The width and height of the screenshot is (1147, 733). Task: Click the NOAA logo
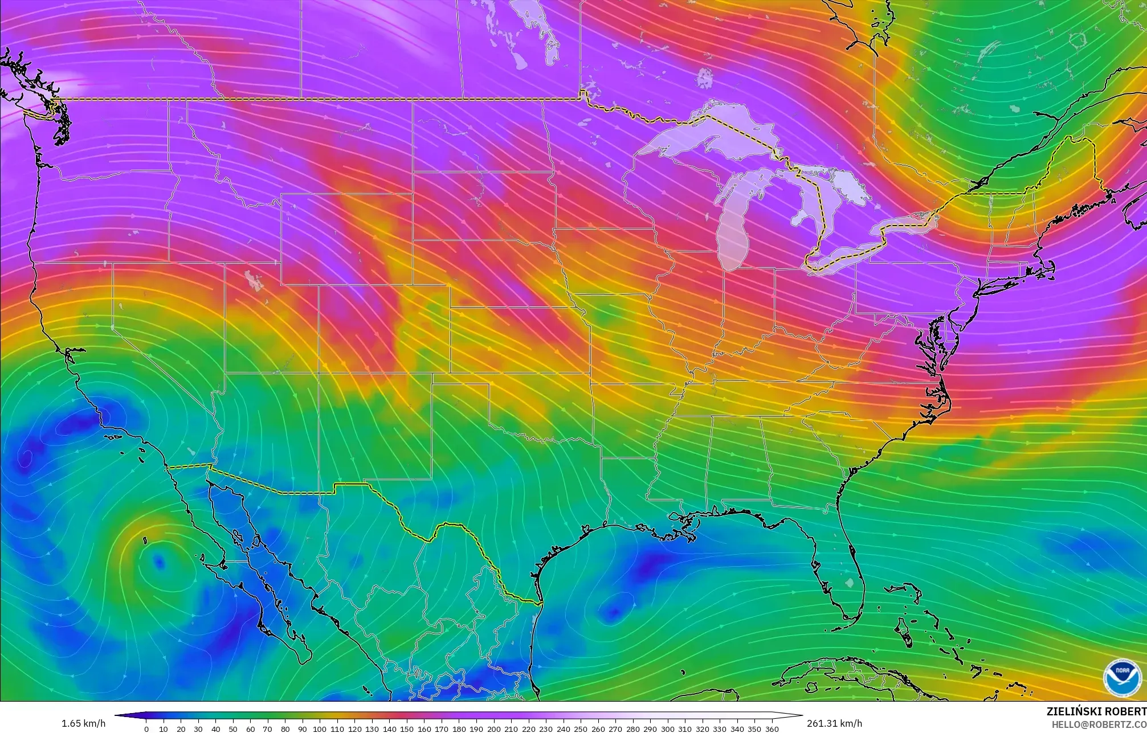coord(1122,678)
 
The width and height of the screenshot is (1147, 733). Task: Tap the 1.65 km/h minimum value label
coord(83,723)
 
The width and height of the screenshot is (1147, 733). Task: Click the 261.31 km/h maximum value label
coord(834,723)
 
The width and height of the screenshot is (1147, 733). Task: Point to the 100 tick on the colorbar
coord(320,729)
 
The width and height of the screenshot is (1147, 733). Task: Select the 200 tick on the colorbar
coord(493,729)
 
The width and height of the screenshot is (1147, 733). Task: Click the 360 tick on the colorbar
coord(772,729)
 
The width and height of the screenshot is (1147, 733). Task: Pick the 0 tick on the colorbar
coord(146,729)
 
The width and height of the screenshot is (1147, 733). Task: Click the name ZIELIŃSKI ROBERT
coord(1096,711)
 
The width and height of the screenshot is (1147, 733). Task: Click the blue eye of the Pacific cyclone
coord(159,563)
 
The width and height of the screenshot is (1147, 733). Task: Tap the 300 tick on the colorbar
coord(667,729)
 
